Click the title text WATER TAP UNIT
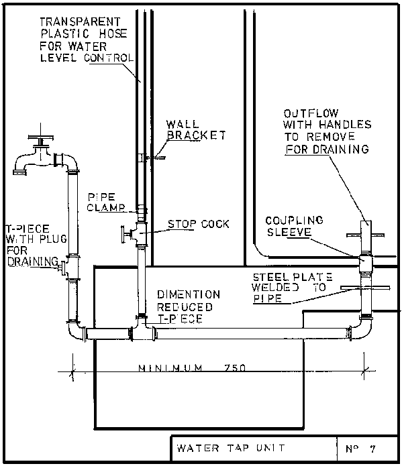231,448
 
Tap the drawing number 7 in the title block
373,449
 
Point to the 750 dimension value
235,368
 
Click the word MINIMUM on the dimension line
170,368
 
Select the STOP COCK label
199,224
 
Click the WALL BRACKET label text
196,129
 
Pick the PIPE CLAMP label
106,202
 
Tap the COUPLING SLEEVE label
294,226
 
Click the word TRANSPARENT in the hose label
80,21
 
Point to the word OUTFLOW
311,113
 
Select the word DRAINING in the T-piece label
33,261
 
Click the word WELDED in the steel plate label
275,288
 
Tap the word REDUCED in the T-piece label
185,307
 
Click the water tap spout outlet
19,172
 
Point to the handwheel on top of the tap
41,137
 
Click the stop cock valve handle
123,234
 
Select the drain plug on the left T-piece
62,268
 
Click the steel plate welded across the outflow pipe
365,288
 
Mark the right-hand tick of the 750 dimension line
365,371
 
